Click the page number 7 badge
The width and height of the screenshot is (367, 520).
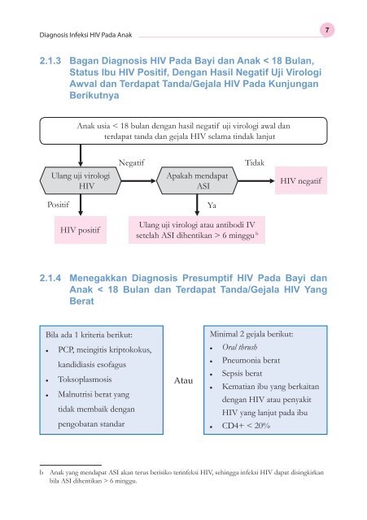click(x=347, y=29)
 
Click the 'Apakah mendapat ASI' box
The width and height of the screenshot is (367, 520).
click(x=196, y=180)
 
